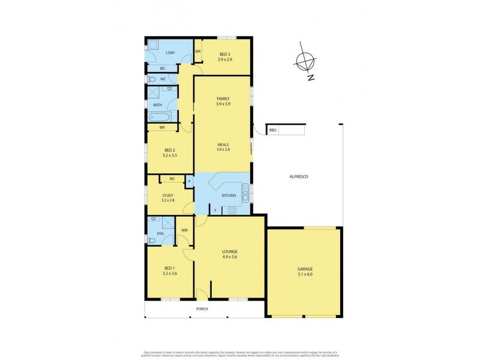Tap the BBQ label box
272,130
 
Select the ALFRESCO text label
298,176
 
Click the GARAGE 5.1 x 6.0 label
305,271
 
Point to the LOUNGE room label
230,254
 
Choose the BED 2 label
169,152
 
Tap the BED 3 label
223,58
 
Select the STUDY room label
169,198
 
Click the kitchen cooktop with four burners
232,210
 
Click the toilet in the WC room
152,79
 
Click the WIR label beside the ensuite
185,230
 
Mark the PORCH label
202,310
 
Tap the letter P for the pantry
189,181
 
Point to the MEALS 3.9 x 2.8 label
223,147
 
